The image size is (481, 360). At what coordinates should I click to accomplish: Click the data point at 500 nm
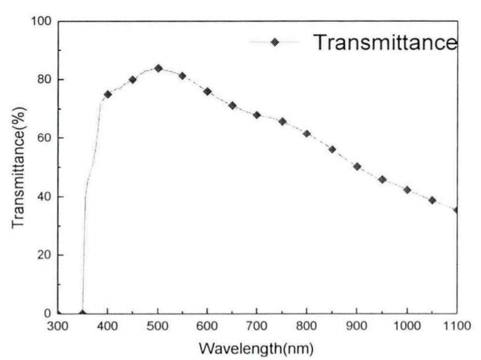pos(158,68)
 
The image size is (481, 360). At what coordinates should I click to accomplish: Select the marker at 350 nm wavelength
pos(82,313)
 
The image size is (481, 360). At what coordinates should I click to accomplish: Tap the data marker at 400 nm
pos(108,95)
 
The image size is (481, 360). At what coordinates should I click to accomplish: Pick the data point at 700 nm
pos(257,115)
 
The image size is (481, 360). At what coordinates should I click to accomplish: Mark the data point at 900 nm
pos(357,166)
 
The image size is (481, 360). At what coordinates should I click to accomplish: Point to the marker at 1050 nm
pos(432,200)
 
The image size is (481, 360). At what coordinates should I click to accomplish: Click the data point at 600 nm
pos(208,91)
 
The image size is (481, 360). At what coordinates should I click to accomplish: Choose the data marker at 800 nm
pos(307,134)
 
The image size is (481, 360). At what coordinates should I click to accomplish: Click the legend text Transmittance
pos(385,43)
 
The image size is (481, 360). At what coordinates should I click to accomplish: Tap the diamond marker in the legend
pos(275,43)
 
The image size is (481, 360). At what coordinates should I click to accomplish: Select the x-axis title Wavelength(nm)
pos(256,350)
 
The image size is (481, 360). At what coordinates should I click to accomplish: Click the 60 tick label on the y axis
pos(45,138)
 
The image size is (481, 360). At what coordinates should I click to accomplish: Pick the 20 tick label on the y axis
pos(45,255)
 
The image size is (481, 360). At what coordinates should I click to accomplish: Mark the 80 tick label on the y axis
pos(45,80)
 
